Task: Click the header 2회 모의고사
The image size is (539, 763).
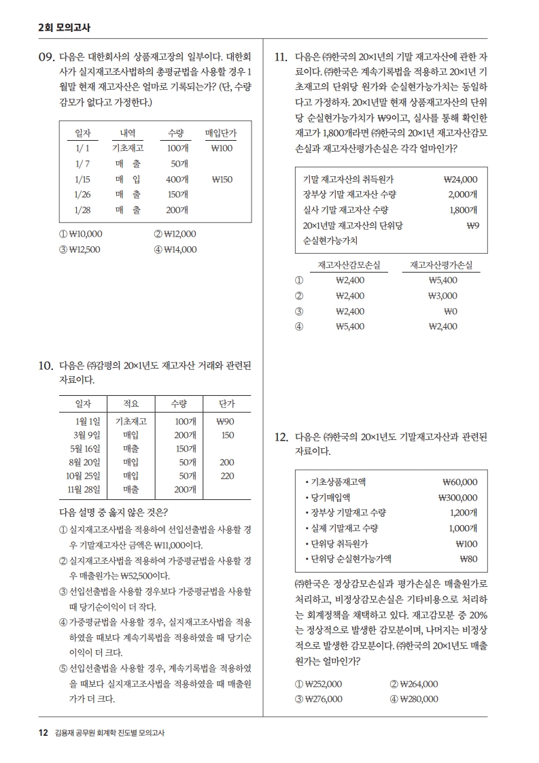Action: (65, 28)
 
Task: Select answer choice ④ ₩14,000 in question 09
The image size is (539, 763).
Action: (175, 250)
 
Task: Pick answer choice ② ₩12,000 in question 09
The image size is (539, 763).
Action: (175, 234)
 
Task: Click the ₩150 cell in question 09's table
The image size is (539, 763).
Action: (222, 180)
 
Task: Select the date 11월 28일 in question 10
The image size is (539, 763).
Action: (84, 488)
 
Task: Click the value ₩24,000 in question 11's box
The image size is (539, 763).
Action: (460, 180)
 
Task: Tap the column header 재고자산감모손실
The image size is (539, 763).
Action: (349, 265)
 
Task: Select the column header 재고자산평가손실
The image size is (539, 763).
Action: (442, 265)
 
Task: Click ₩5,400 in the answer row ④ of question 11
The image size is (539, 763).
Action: (350, 326)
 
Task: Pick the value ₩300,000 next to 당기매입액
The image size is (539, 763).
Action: (458, 497)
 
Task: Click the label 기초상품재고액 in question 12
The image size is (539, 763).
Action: (338, 482)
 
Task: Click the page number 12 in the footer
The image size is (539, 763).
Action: (43, 732)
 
